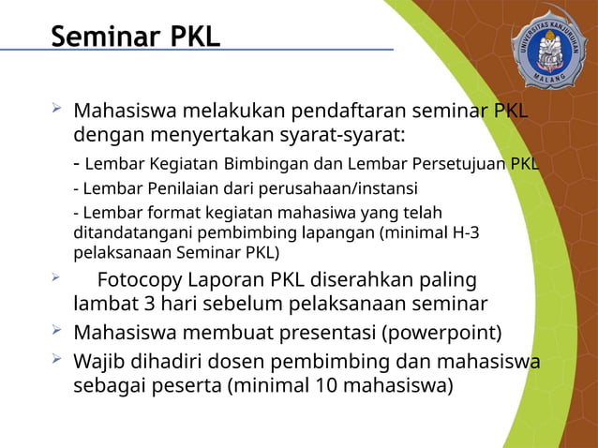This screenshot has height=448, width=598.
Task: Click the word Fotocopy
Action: coord(148,281)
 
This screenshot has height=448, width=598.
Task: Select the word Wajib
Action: coord(99,362)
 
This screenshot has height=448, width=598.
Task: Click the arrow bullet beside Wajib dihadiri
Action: coord(57,360)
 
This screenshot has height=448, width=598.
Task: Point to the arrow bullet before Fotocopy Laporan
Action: coord(57,278)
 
